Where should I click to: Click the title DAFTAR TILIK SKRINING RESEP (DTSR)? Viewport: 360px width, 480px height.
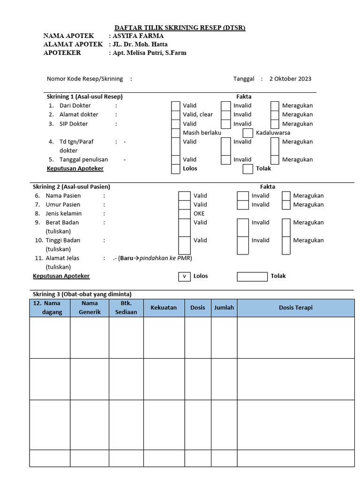click(180, 28)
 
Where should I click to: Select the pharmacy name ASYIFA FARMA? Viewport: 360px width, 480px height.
click(138, 36)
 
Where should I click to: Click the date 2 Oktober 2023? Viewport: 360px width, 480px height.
click(290, 79)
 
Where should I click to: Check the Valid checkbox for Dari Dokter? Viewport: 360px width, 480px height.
click(175, 106)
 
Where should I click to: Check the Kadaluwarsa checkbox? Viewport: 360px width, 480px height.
click(248, 133)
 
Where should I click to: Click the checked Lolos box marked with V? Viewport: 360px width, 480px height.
click(184, 277)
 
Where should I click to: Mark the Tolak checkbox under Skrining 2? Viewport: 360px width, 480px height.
click(252, 277)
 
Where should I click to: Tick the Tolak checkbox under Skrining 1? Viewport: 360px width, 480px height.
click(248, 169)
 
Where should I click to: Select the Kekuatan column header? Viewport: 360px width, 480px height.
click(164, 308)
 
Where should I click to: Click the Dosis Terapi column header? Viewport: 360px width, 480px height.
click(295, 308)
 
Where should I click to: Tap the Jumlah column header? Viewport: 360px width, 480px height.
click(224, 308)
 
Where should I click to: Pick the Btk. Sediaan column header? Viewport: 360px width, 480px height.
click(126, 308)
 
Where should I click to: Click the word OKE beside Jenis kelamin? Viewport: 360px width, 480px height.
click(199, 214)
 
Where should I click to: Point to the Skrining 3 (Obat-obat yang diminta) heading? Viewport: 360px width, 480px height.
click(82, 294)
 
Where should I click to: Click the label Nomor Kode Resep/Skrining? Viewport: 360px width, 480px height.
click(85, 79)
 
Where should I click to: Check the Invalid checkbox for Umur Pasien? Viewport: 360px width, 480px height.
click(242, 205)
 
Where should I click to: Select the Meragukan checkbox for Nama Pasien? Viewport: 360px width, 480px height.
click(286, 196)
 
